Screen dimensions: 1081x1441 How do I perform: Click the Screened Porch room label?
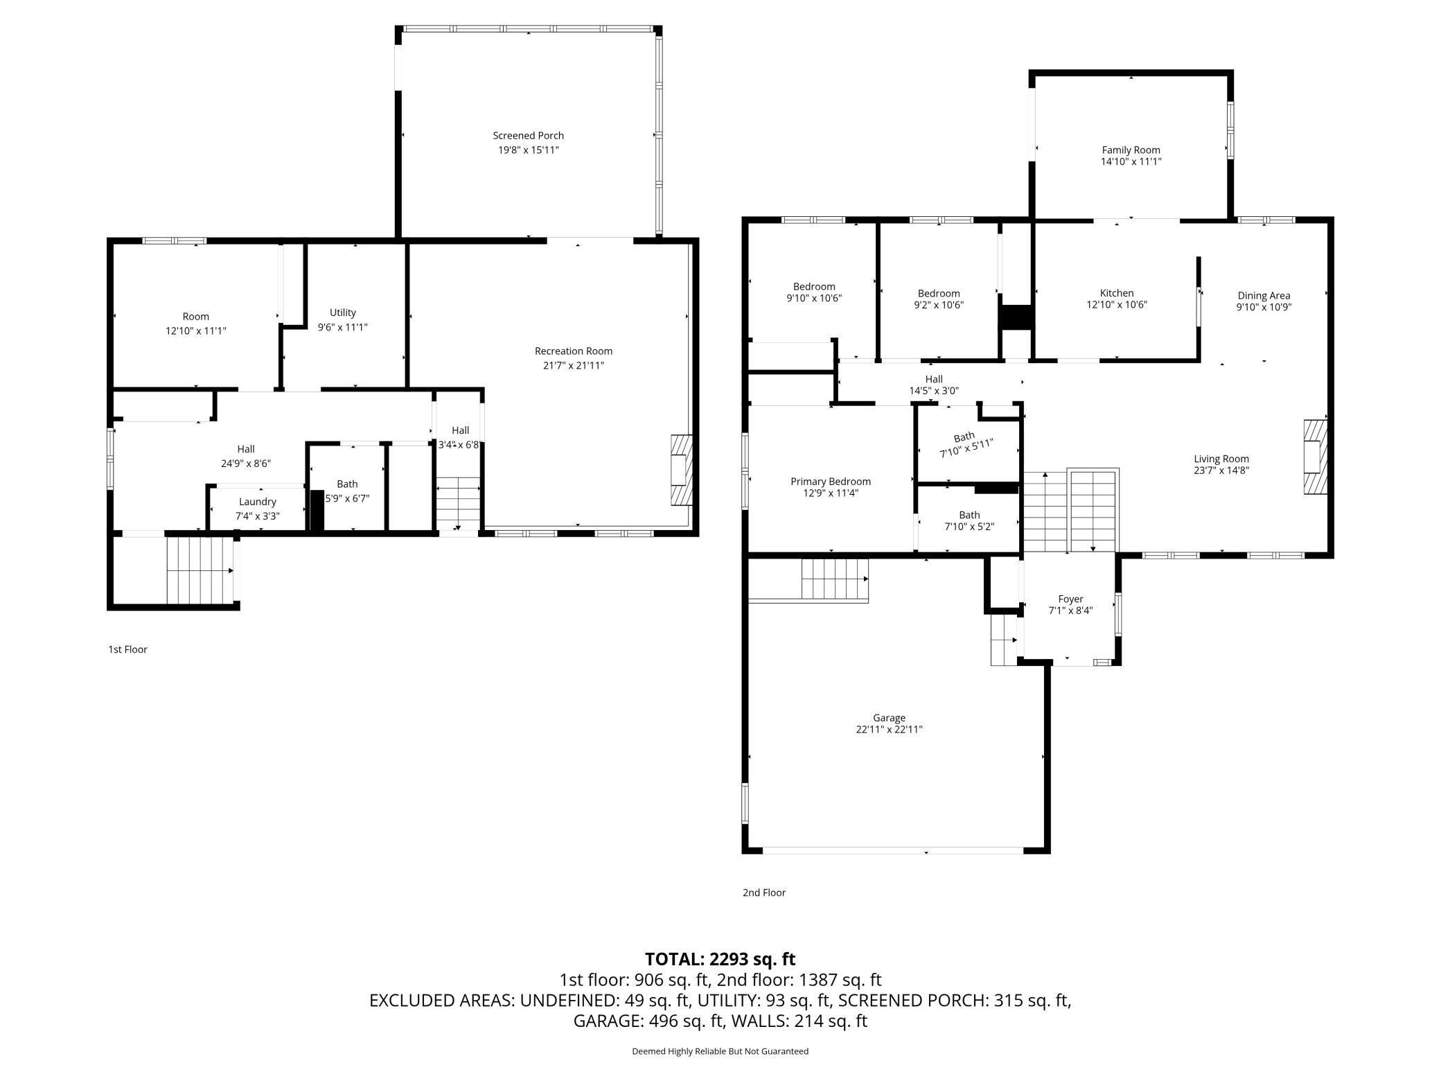[528, 136]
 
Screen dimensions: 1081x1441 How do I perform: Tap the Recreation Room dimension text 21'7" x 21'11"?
[573, 365]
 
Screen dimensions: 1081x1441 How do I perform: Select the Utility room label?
[342, 313]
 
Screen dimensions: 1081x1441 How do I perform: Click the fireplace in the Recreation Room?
[681, 470]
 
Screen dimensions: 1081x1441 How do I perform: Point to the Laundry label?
[257, 502]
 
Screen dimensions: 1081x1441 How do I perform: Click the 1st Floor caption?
[127, 649]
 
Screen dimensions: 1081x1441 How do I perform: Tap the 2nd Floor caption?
[763, 893]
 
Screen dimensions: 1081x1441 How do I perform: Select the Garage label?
[889, 718]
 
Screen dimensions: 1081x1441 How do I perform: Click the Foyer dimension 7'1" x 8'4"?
[1070, 610]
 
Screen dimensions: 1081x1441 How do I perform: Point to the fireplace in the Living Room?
[1315, 457]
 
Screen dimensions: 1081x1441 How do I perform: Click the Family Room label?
[1131, 150]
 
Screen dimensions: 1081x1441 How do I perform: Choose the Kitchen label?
[1116, 293]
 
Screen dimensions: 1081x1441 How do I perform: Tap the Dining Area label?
[1264, 296]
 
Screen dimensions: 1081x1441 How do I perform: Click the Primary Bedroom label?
[830, 482]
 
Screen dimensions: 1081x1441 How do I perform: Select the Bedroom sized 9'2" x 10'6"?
[938, 299]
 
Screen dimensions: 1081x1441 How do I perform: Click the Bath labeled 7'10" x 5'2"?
[969, 520]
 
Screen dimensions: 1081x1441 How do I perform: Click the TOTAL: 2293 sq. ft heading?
[720, 959]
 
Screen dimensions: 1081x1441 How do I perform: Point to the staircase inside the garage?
[834, 579]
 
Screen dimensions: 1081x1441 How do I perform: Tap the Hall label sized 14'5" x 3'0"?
[933, 385]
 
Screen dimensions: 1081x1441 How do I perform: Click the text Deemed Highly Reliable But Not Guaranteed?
[720, 1051]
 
